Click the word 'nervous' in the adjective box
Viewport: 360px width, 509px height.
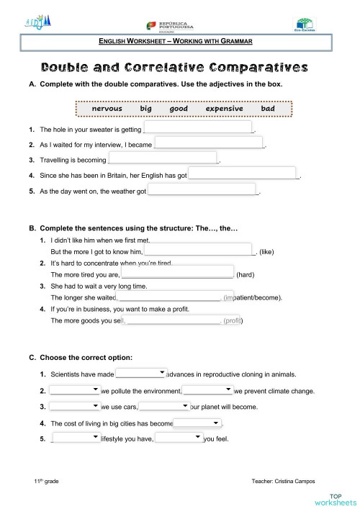tap(107, 109)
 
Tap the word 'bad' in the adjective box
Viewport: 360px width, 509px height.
tap(268, 109)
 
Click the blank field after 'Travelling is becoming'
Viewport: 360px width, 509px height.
tap(163, 158)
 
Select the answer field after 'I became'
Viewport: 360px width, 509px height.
tap(210, 143)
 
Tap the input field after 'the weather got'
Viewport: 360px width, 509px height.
tap(202, 190)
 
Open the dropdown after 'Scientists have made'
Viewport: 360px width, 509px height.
tap(141, 373)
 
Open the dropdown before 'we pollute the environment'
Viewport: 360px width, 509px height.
tap(74, 390)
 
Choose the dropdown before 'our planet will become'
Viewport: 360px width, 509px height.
tap(163, 406)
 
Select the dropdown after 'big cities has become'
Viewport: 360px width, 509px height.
tap(198, 423)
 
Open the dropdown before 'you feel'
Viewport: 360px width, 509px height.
tap(179, 438)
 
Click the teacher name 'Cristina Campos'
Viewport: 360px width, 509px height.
tap(301, 481)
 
